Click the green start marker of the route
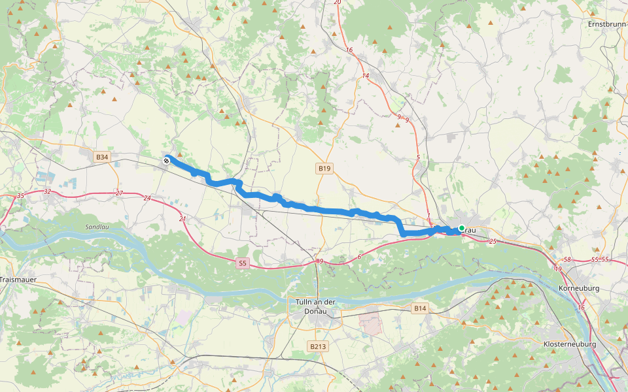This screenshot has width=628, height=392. [462, 228]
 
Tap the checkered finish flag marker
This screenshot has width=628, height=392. [167, 159]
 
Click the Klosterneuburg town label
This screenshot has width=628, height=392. [569, 344]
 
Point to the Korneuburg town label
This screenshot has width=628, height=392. [580, 288]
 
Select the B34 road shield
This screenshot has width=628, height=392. [101, 157]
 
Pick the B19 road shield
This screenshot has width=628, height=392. [324, 169]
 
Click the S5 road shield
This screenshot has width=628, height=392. [243, 263]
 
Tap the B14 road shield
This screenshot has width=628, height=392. [420, 307]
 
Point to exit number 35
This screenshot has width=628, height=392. [20, 196]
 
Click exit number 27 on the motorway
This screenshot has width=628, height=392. [118, 193]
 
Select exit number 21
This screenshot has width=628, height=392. [183, 219]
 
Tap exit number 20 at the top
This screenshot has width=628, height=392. [338, 3]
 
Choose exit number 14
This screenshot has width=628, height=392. [365, 76]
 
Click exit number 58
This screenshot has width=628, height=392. [567, 260]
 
